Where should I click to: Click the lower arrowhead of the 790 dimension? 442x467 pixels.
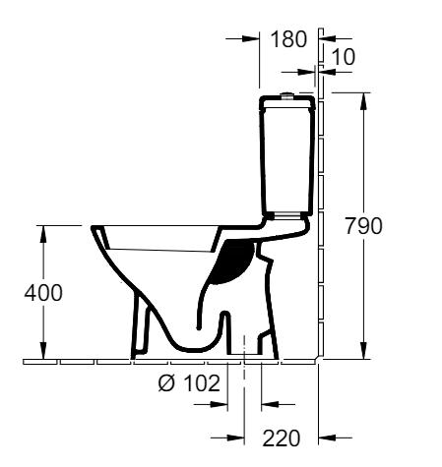pos(366,354)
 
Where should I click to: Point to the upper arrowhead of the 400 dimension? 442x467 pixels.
pos(41,232)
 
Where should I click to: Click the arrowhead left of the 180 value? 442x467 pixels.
pos(252,40)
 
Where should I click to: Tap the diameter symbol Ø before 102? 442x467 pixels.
pos(163,383)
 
